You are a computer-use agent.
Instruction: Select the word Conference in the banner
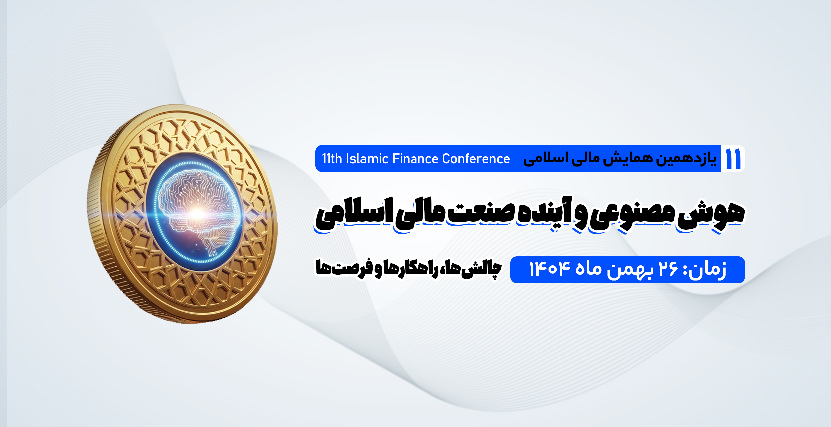click(x=476, y=159)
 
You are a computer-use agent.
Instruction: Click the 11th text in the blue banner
click(x=332, y=159)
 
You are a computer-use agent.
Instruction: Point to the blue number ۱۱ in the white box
click(x=733, y=159)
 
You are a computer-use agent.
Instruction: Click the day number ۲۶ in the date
click(x=668, y=269)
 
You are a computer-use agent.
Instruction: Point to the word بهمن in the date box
click(x=630, y=270)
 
